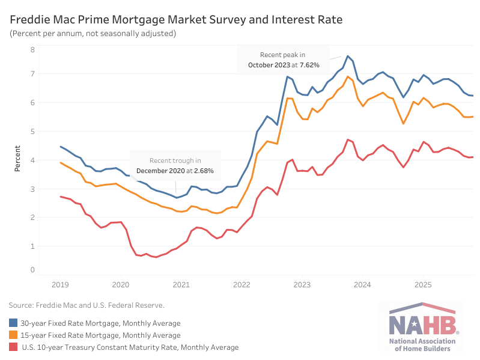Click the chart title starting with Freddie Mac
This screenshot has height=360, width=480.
coord(176,20)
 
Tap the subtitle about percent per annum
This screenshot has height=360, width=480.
coord(93,34)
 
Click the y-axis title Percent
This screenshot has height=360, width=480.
coord(17,159)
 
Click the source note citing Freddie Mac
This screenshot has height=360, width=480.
coord(87,306)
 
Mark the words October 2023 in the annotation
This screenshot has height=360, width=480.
coord(270,64)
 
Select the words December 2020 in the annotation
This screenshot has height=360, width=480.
coord(158,171)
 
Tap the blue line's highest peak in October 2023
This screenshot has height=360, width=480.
coord(348,56)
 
